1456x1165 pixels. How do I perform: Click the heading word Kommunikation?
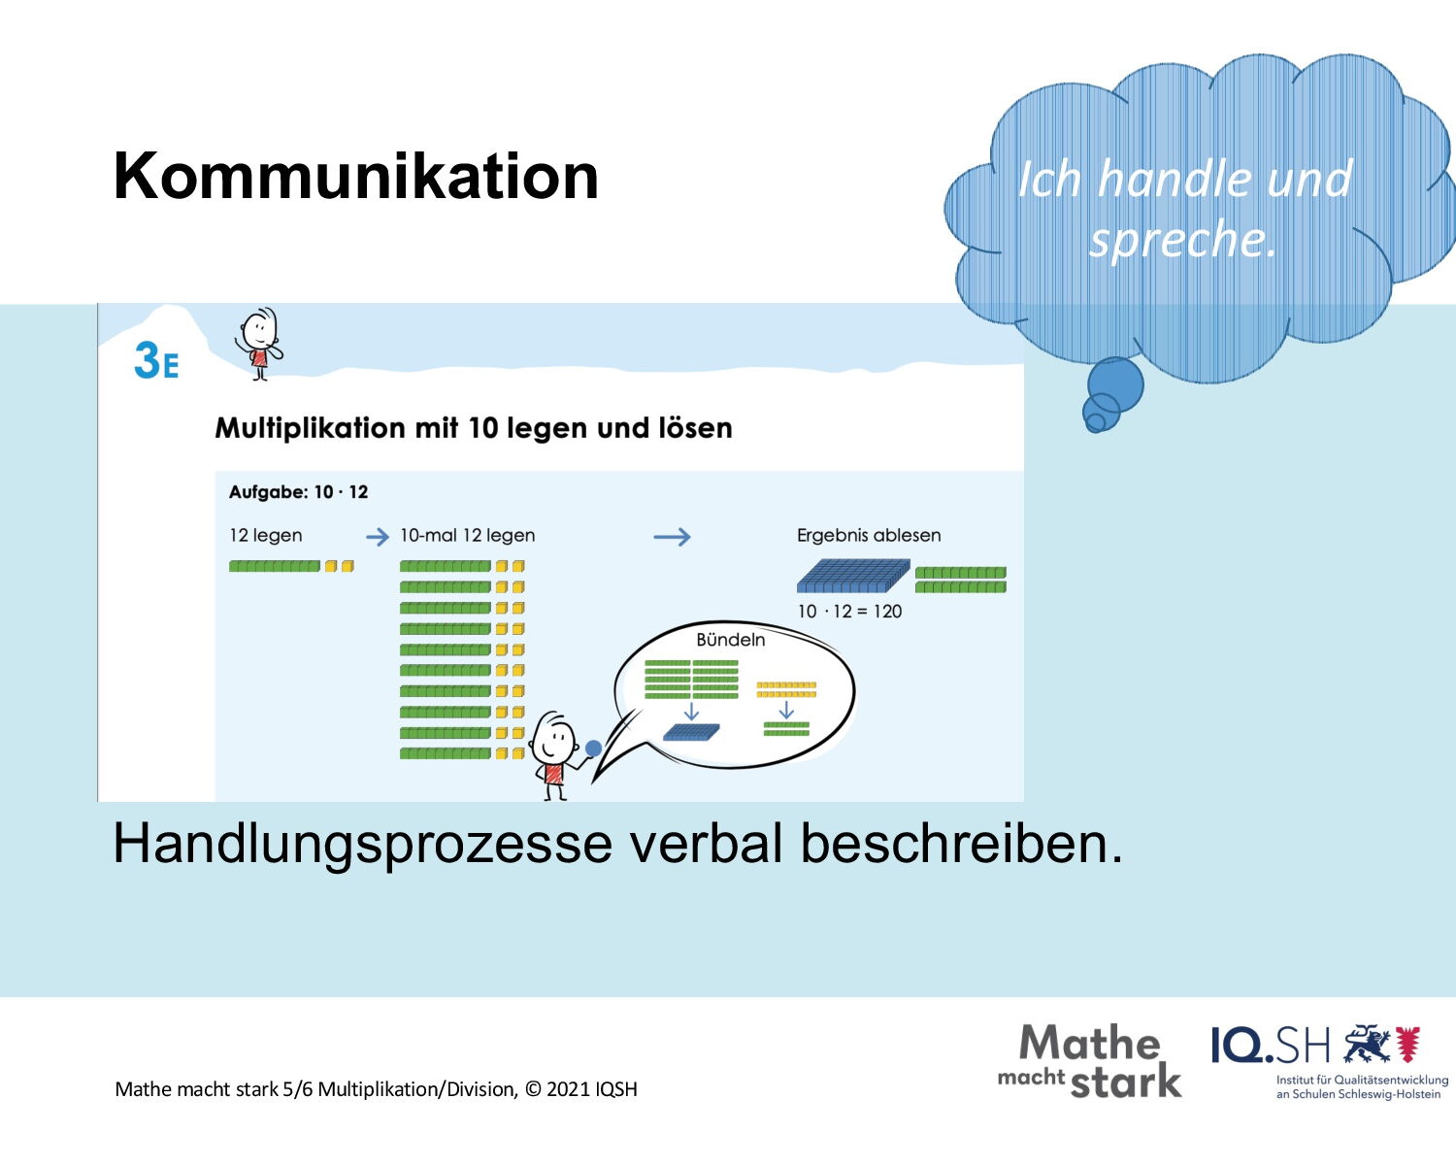(x=356, y=177)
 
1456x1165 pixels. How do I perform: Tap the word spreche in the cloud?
(x=1182, y=240)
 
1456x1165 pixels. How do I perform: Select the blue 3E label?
(x=156, y=360)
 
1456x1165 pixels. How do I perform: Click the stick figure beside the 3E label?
(x=259, y=344)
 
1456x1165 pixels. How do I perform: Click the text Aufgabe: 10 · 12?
(x=298, y=492)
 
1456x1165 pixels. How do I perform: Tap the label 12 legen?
(x=266, y=536)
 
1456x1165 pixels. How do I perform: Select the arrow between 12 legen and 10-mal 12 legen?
(x=378, y=537)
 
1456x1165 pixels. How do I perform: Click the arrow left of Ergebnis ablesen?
(x=672, y=537)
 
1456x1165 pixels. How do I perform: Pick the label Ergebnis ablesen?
(x=869, y=536)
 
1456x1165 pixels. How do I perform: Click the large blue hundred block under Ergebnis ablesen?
(x=853, y=576)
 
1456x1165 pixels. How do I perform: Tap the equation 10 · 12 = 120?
(x=849, y=612)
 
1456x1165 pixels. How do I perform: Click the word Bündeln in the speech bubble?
(x=731, y=640)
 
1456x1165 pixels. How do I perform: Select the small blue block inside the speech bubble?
(x=691, y=732)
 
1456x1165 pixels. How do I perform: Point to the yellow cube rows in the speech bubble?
(x=786, y=689)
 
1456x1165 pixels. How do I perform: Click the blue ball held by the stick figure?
(x=593, y=748)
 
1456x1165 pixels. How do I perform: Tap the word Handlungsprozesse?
(x=362, y=844)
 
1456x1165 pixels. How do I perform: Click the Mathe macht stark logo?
(x=1090, y=1061)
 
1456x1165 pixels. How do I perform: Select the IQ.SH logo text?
(x=1270, y=1046)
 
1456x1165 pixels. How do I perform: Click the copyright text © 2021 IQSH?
(x=581, y=1089)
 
